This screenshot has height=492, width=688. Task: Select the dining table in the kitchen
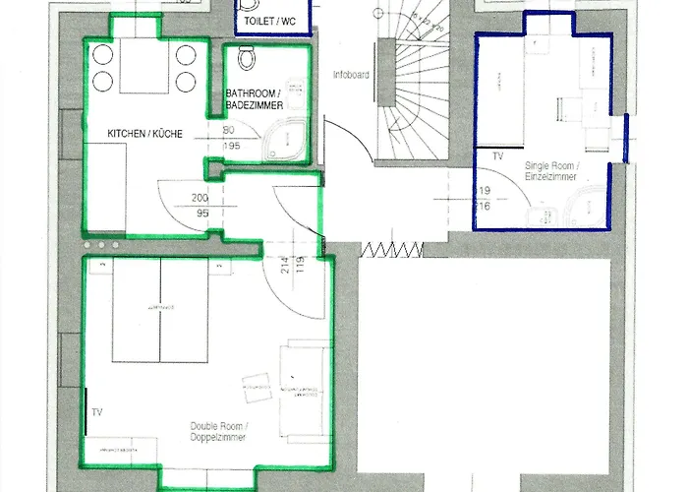[x=144, y=67]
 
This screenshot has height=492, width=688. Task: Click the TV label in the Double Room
[x=96, y=411]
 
